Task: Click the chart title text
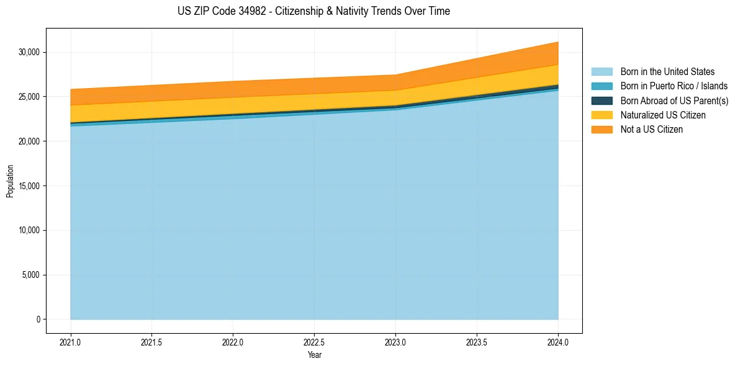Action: coord(313,11)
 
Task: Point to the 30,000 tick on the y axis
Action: coord(29,52)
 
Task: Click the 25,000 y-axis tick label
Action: coord(29,97)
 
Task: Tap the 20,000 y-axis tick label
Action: coord(29,141)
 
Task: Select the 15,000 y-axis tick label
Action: coord(29,186)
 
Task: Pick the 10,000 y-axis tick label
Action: coord(29,231)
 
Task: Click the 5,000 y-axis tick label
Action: coord(30,275)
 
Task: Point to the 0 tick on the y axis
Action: coord(38,319)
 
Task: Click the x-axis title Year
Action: coord(314,355)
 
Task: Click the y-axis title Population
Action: coord(10,181)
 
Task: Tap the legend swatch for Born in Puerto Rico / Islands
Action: coord(601,86)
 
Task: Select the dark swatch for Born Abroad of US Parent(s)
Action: coord(601,100)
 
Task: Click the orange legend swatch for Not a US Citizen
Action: coord(601,130)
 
